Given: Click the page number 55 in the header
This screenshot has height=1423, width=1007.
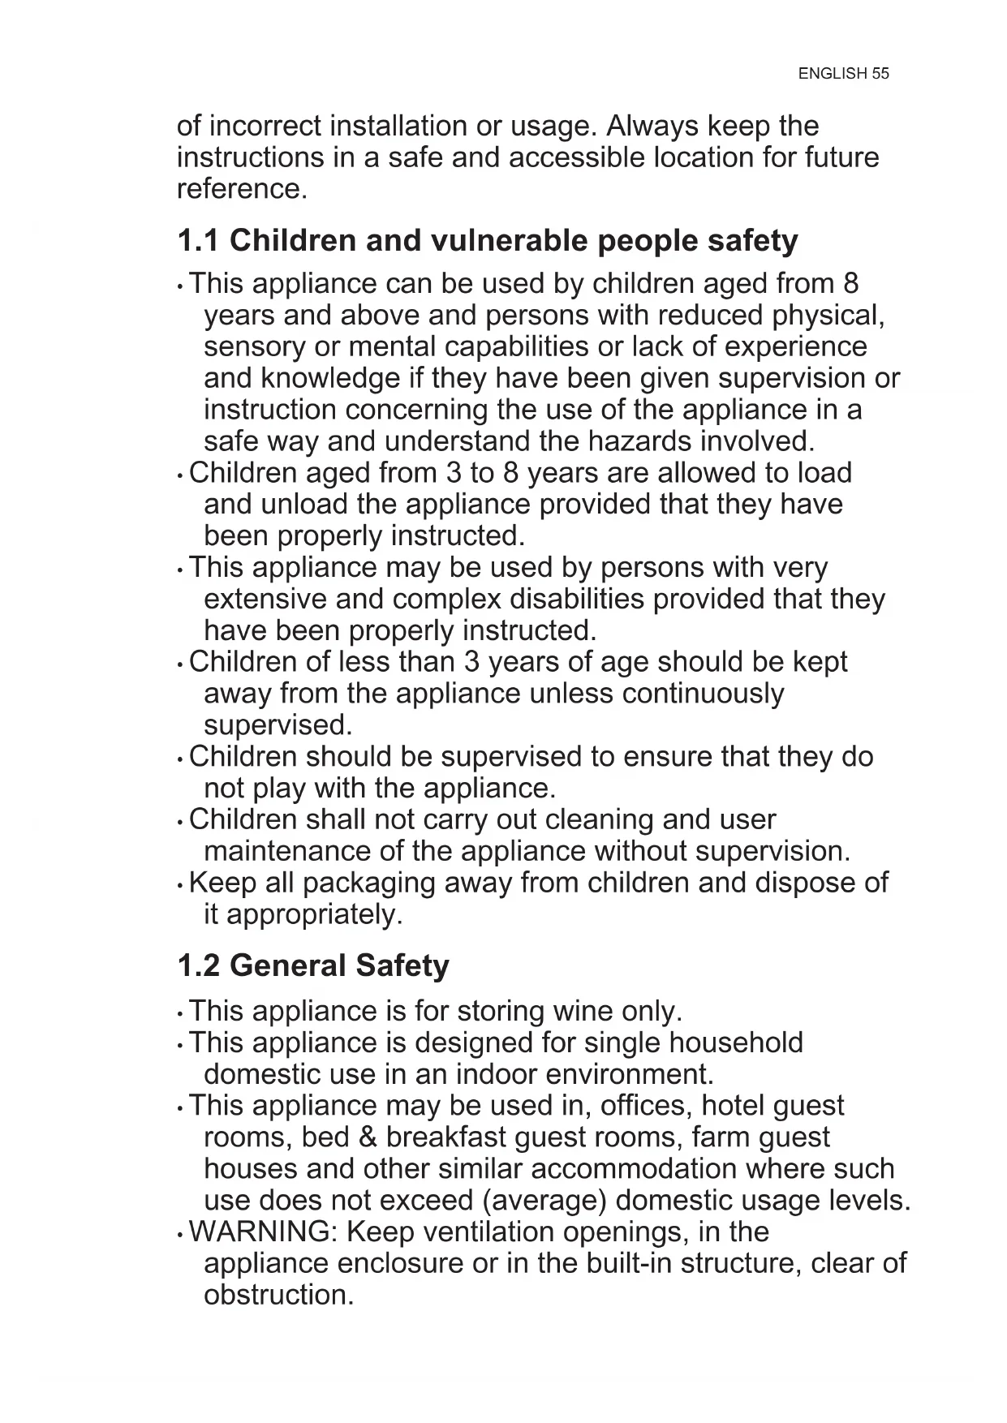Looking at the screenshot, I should click(880, 74).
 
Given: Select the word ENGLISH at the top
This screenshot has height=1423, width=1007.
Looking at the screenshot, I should click(833, 74).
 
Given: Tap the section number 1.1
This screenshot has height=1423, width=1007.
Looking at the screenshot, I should click(198, 241).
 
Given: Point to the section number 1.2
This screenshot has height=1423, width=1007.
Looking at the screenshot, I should click(198, 965).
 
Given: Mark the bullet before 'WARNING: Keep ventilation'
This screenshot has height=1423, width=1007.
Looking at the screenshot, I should click(180, 1235).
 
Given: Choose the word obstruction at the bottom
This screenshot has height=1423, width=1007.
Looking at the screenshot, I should click(278, 1295).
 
